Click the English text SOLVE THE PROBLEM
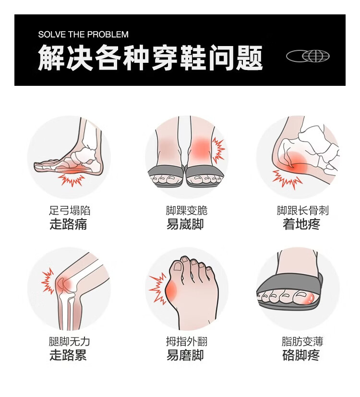(83, 35)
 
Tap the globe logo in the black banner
(308, 56)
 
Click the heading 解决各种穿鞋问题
(150, 58)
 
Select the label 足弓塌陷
(70, 210)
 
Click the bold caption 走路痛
(68, 224)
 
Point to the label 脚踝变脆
(187, 210)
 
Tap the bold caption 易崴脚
(185, 224)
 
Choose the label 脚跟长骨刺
(303, 210)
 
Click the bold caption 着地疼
(301, 224)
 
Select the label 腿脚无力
(70, 341)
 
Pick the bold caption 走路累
(68, 355)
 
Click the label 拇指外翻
(187, 341)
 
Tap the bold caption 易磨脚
(185, 355)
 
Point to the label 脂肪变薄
(302, 341)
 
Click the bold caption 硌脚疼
(301, 355)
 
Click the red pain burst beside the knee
(48, 281)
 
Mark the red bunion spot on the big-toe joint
(171, 291)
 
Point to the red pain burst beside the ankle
(218, 150)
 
